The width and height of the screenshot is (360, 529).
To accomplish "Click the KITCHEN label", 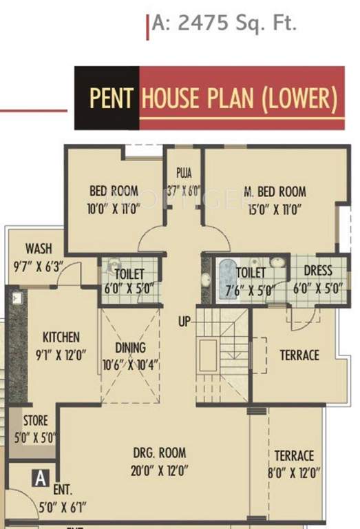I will tap(61, 338).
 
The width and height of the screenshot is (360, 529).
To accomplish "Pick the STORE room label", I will tap(35, 420).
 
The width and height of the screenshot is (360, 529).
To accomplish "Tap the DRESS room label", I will tap(317, 271).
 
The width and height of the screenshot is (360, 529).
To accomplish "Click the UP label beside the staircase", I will tap(183, 322).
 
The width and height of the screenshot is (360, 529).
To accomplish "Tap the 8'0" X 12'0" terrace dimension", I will tap(293, 474).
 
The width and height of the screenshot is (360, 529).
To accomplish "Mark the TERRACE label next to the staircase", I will tap(299, 355).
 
